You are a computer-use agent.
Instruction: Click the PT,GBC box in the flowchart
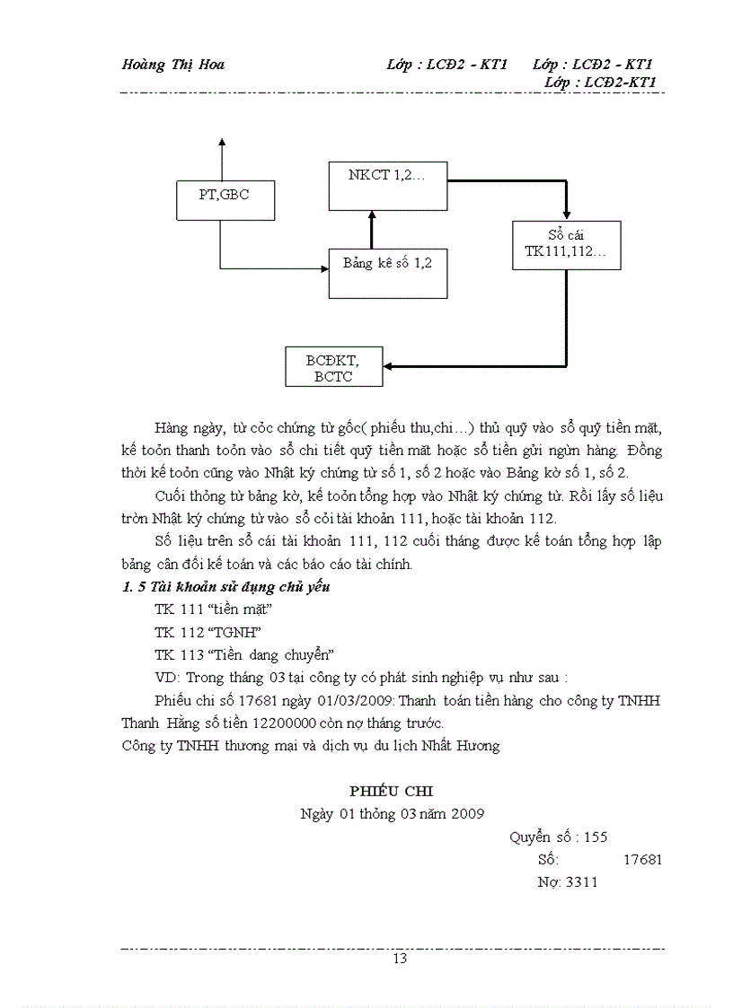(225, 199)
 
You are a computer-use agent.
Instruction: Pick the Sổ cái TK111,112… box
(566, 244)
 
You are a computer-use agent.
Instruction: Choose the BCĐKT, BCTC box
(333, 367)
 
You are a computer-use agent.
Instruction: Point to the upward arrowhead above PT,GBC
(221, 144)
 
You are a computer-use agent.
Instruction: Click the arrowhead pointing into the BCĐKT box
(389, 366)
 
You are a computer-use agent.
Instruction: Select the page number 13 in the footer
(400, 960)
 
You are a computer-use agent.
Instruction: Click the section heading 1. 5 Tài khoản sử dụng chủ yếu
(226, 587)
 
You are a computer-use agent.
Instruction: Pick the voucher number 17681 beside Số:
(642, 859)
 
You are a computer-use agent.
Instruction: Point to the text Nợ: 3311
(567, 881)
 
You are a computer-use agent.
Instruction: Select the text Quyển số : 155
(559, 837)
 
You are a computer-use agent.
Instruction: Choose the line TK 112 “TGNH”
(201, 632)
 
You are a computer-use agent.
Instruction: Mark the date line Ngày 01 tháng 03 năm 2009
(393, 813)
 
